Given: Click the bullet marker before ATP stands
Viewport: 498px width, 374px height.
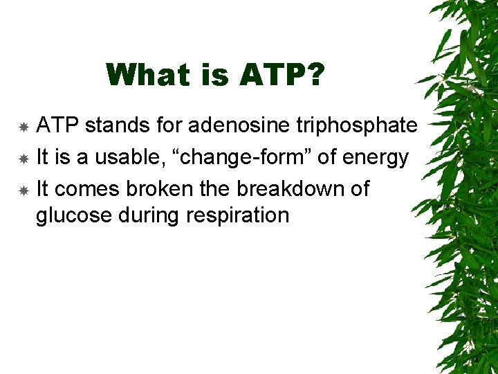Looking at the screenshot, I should tap(24, 127).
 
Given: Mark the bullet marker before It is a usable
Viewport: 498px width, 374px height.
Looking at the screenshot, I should tap(24, 159).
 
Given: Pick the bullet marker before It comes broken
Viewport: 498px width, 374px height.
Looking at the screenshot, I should tap(24, 190).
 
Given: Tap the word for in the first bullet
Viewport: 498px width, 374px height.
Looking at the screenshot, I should tap(167, 125).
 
